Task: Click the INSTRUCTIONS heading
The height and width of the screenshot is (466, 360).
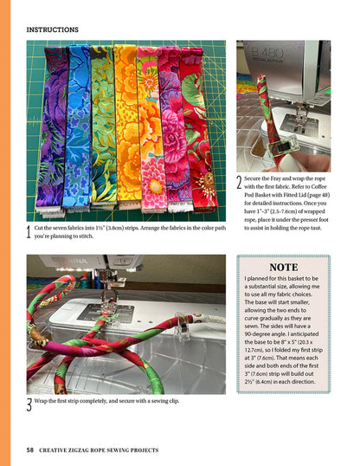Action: tap(52, 29)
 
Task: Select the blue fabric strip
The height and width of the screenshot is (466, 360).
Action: tap(77, 130)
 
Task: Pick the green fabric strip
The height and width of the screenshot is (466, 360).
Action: tap(101, 130)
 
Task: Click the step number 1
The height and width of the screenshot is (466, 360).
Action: tap(29, 232)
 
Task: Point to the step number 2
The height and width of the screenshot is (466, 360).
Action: tap(239, 184)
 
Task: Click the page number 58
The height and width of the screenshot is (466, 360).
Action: tap(30, 450)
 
